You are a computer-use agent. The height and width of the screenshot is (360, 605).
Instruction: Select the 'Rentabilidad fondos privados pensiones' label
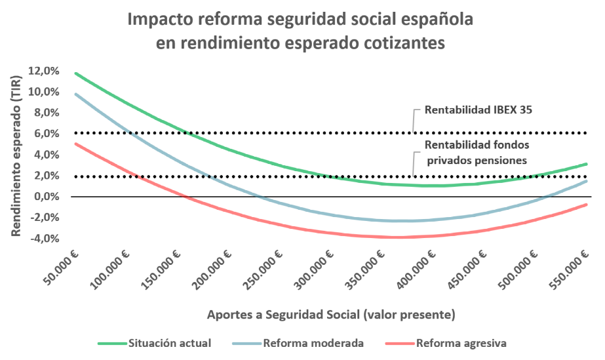pyautogui.click(x=477, y=151)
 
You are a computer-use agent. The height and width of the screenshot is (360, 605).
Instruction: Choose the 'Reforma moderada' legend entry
pyautogui.click(x=313, y=342)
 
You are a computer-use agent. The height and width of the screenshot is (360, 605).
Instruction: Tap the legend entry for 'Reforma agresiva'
pyautogui.click(x=461, y=342)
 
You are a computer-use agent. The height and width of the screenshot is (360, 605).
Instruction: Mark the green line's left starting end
pyautogui.click(x=76, y=73)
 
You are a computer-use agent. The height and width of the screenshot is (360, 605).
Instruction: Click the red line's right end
pyautogui.click(x=586, y=205)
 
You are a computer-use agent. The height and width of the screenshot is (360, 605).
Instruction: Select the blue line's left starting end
pyautogui.click(x=76, y=94)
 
